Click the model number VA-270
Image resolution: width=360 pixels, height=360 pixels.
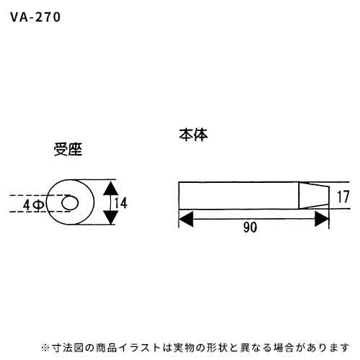35,17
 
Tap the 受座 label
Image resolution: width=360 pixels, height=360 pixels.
68,149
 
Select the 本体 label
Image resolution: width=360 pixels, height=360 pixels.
193,135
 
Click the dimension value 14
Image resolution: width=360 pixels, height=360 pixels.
120,203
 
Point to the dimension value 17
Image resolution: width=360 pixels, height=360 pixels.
343,197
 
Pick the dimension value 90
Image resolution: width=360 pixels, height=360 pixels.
250,227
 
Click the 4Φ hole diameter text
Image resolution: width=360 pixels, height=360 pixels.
34,204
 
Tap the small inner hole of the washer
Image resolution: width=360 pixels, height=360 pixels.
70,203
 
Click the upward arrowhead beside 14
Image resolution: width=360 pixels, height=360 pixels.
110,188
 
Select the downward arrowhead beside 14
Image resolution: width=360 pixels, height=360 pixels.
110,217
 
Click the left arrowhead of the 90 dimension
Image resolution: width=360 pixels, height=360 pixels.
186,219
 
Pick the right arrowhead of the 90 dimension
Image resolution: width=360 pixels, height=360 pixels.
322,219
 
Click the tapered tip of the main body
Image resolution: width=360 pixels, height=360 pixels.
314,196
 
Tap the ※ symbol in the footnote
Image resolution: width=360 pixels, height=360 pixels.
45,348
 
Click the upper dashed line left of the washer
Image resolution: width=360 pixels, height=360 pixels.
40,195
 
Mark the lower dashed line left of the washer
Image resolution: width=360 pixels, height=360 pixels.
40,212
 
